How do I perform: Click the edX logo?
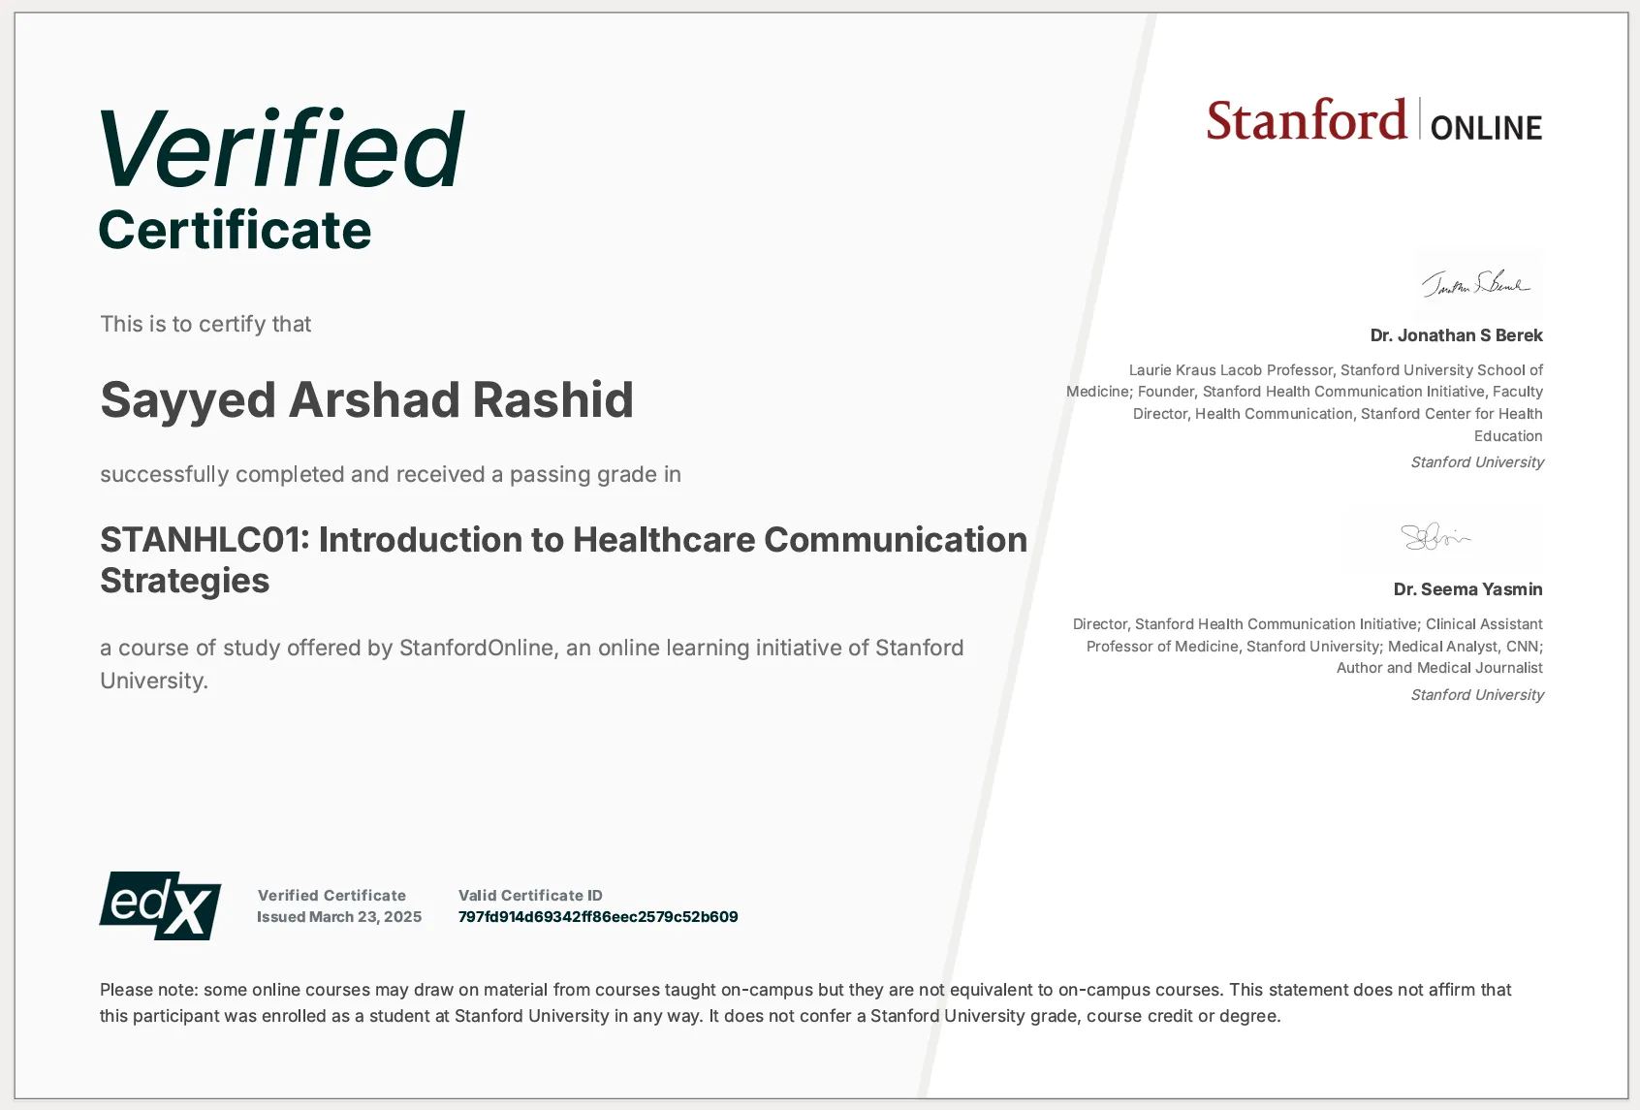160,905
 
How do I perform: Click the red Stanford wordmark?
1306,121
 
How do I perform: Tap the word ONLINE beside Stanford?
1486,128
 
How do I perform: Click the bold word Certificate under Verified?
235,231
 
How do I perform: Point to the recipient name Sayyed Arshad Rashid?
366,399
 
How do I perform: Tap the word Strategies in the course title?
185,581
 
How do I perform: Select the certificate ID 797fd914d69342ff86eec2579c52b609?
598,917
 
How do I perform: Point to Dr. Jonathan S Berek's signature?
1476,283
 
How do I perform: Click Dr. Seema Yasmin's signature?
1435,535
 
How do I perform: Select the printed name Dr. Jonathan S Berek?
1456,335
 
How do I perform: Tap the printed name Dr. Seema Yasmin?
1467,589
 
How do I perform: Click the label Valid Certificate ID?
530,896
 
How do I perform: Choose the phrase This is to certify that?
205,324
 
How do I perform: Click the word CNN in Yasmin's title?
1522,647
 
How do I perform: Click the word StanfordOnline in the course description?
476,648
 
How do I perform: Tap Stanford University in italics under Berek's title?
1477,462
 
